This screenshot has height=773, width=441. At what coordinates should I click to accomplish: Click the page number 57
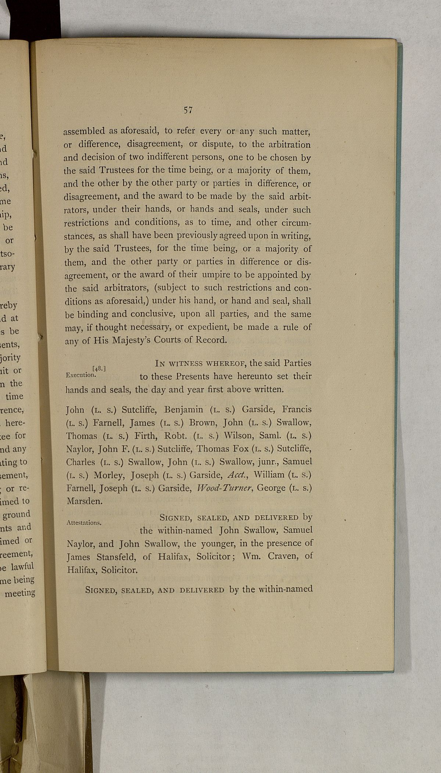(x=189, y=110)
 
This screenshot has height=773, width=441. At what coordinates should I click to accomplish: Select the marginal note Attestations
(x=84, y=522)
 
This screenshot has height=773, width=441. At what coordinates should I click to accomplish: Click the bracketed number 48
(x=100, y=368)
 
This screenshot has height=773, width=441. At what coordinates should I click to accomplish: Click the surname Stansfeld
(x=118, y=557)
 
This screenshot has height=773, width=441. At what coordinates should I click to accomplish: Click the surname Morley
(x=110, y=475)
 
